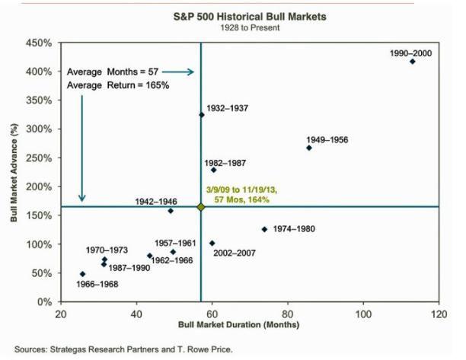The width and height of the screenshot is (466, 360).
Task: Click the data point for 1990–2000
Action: coord(412,62)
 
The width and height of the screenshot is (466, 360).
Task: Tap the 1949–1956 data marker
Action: coord(308,148)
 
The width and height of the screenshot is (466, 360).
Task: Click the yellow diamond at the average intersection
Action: coord(201,207)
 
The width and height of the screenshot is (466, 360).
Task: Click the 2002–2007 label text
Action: coord(234,253)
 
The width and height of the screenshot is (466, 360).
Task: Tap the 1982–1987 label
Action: coord(226,164)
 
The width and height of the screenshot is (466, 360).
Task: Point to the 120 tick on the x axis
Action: coord(438,314)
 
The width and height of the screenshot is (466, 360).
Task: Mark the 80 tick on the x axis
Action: coord(288,314)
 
